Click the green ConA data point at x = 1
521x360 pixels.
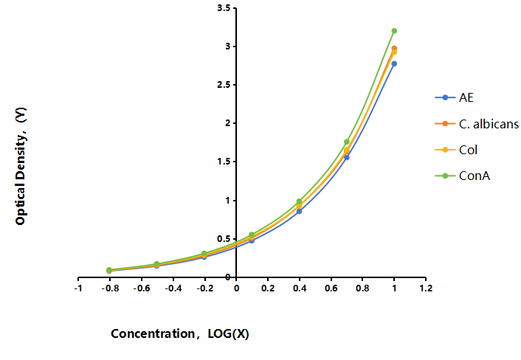tap(394, 31)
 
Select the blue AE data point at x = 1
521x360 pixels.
tap(394, 63)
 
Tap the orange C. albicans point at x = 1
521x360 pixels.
tap(394, 49)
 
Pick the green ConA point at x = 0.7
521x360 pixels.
tap(347, 142)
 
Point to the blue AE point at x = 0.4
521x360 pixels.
tap(299, 211)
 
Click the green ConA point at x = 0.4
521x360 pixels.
tap(299, 201)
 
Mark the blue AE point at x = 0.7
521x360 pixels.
tap(347, 157)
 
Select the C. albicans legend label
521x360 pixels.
tap(489, 124)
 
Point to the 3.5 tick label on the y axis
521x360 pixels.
tap(224, 8)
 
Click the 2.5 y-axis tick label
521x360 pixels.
tap(224, 85)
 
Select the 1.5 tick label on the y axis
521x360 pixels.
tap(224, 162)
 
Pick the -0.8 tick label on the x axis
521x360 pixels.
tap(110, 288)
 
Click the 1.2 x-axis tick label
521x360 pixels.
tap(426, 288)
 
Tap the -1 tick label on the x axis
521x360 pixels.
tap(78, 288)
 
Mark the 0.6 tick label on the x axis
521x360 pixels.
tap(331, 288)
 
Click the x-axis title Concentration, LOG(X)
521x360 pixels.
tap(180, 333)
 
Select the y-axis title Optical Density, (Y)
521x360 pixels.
tap(21, 166)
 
